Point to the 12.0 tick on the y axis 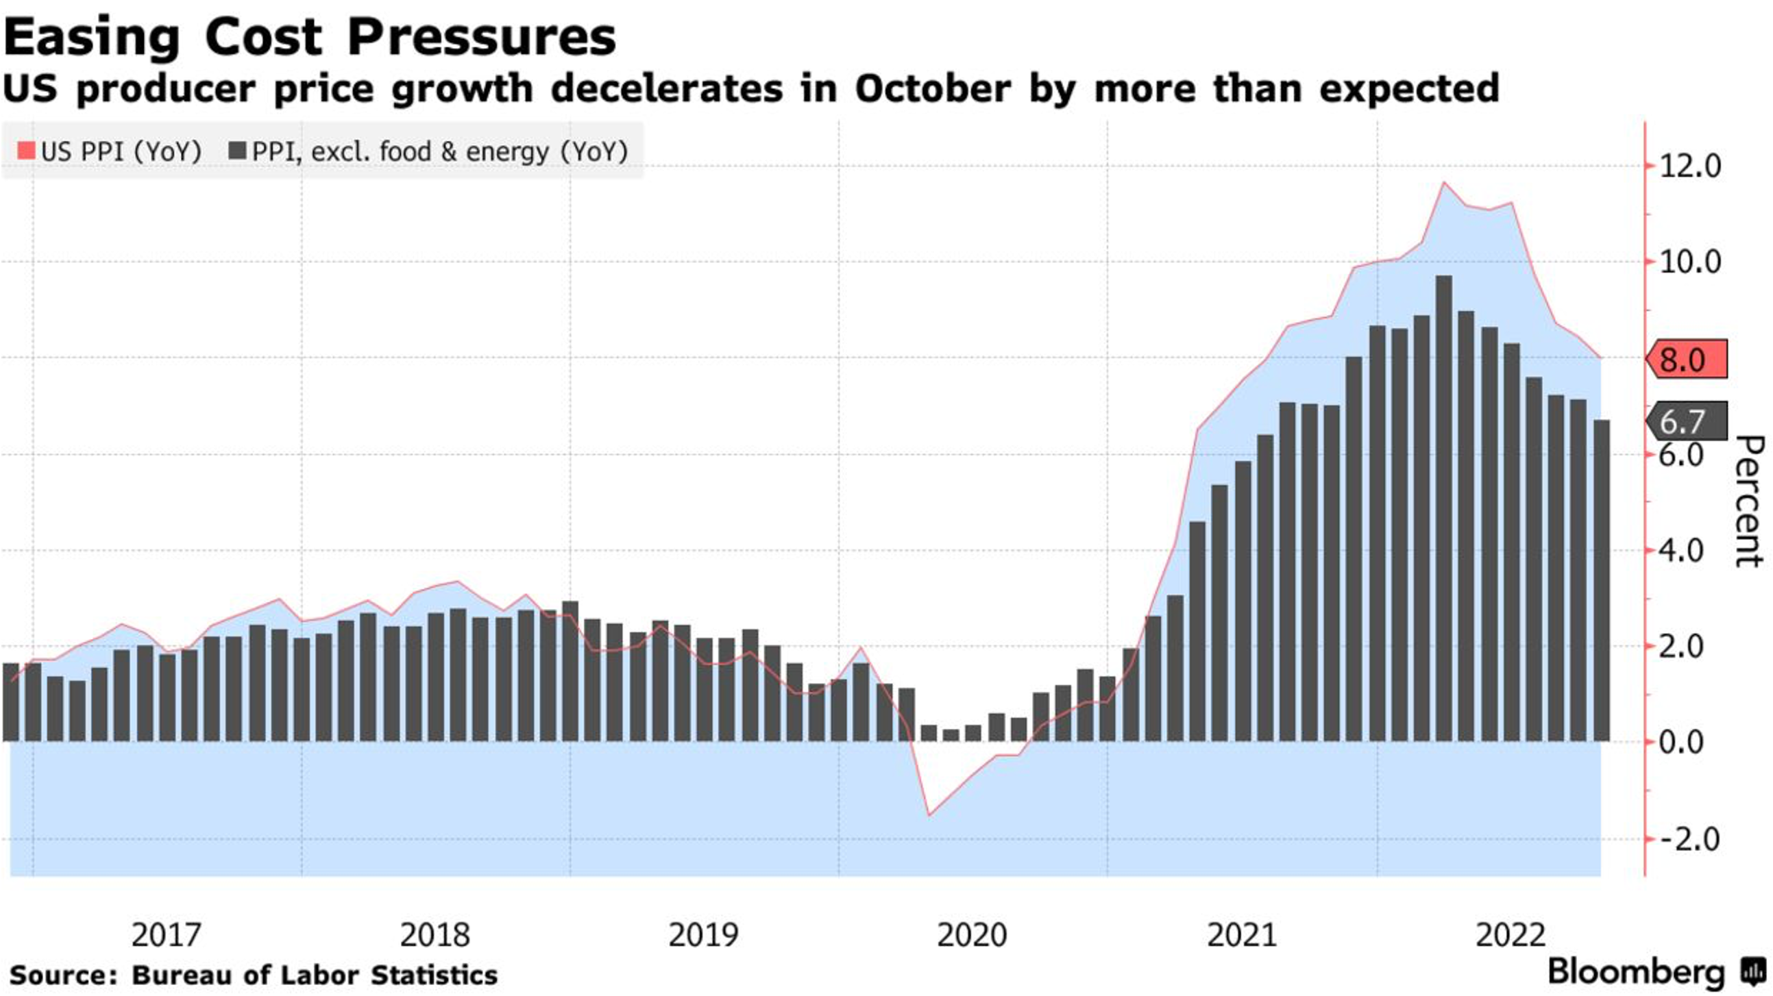point(1689,166)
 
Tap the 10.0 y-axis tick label point(1689,262)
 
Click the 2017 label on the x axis point(166,935)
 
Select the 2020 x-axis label point(972,935)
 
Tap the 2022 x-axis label point(1511,935)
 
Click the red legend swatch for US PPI point(27,151)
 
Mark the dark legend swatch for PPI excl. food point(237,151)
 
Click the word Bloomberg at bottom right point(1636,973)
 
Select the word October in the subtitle point(933,90)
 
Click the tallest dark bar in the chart point(1444,509)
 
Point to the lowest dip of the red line point(929,815)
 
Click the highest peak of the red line point(1444,182)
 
